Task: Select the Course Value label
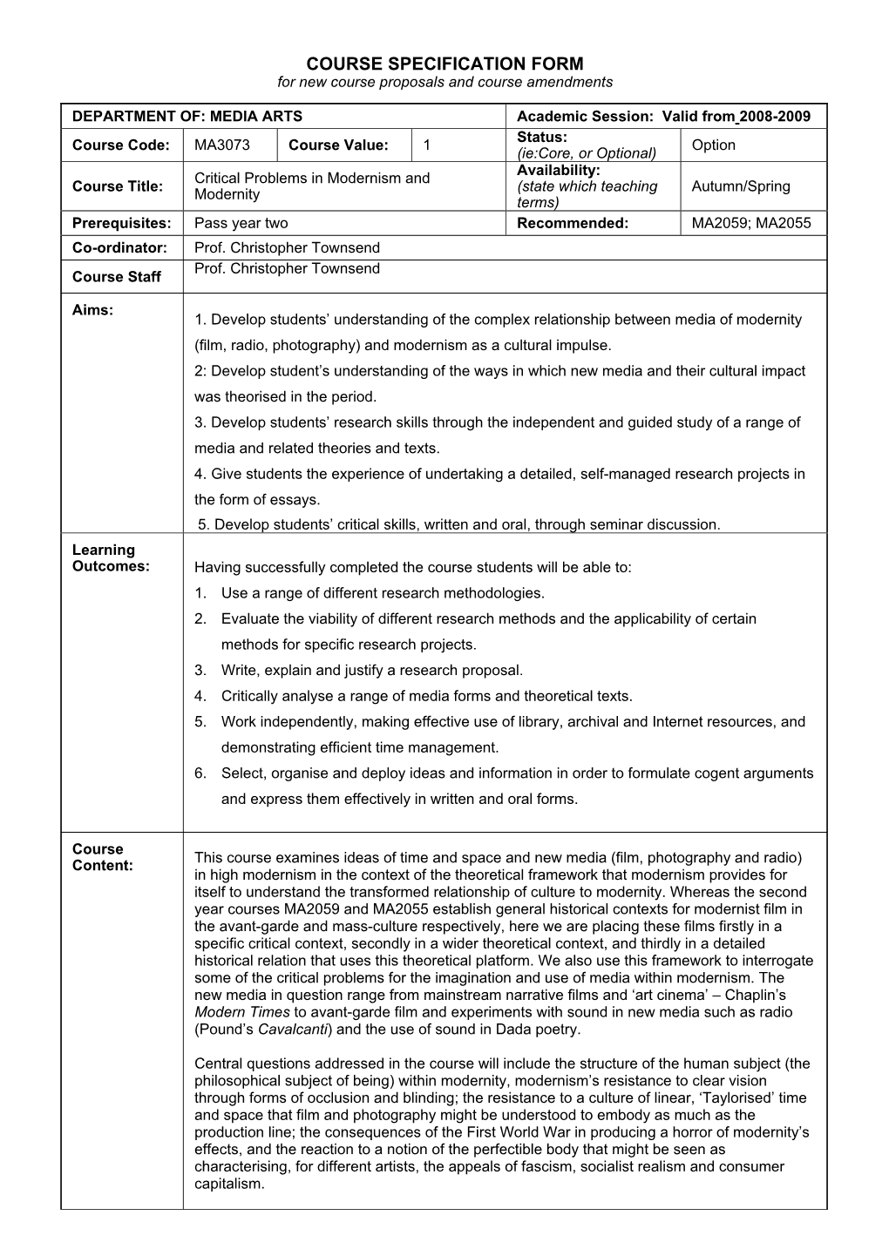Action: pyautogui.click(x=338, y=145)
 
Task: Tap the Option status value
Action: pyautogui.click(x=713, y=145)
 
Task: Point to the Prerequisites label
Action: pyautogui.click(x=122, y=223)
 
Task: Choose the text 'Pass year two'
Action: pyautogui.click(x=241, y=223)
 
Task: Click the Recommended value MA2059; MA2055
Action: pyautogui.click(x=750, y=223)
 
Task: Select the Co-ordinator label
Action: pyautogui.click(x=119, y=247)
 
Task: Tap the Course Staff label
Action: pyautogui.click(x=116, y=276)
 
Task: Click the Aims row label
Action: pyautogui.click(x=92, y=310)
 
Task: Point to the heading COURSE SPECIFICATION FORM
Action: pyautogui.click(x=444, y=64)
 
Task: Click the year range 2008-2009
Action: pyautogui.click(x=775, y=116)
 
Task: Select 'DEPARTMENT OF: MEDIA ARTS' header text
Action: pyautogui.click(x=187, y=116)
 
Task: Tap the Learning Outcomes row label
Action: pyautogui.click(x=111, y=557)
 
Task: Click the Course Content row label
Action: pyautogui.click(x=102, y=857)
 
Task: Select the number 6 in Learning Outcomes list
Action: pyautogui.click(x=200, y=773)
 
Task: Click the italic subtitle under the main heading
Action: pyautogui.click(x=444, y=82)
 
